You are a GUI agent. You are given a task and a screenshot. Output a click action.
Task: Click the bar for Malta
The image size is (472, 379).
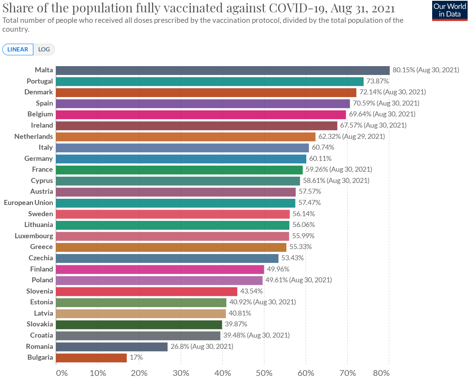coord(222,70)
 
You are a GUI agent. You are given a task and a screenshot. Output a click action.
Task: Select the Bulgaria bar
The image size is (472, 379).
coord(91,358)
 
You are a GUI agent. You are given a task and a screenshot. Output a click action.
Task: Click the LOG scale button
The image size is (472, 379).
coord(44,50)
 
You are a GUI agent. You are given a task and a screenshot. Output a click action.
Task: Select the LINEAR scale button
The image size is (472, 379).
coord(18,50)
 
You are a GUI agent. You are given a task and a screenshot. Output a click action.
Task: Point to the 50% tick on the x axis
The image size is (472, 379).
coord(264,373)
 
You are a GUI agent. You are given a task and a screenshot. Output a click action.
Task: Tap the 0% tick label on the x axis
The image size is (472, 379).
coord(62,373)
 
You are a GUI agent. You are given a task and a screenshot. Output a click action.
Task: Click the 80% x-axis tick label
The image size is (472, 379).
coord(381,373)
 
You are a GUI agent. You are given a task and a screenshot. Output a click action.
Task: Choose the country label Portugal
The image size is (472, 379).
coord(40,81)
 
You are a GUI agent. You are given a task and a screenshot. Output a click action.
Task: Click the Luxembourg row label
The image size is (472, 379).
coord(34,236)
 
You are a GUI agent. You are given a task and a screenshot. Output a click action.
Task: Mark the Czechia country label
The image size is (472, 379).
coord(41,258)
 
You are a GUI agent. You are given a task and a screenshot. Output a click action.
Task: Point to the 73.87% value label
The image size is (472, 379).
coord(378,81)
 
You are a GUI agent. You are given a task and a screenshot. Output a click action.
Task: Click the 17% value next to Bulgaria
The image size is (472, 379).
coord(136,358)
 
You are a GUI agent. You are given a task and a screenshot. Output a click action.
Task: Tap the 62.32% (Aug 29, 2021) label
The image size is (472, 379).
coord(351,137)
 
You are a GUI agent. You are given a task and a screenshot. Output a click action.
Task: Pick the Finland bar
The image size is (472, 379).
coord(160,269)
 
